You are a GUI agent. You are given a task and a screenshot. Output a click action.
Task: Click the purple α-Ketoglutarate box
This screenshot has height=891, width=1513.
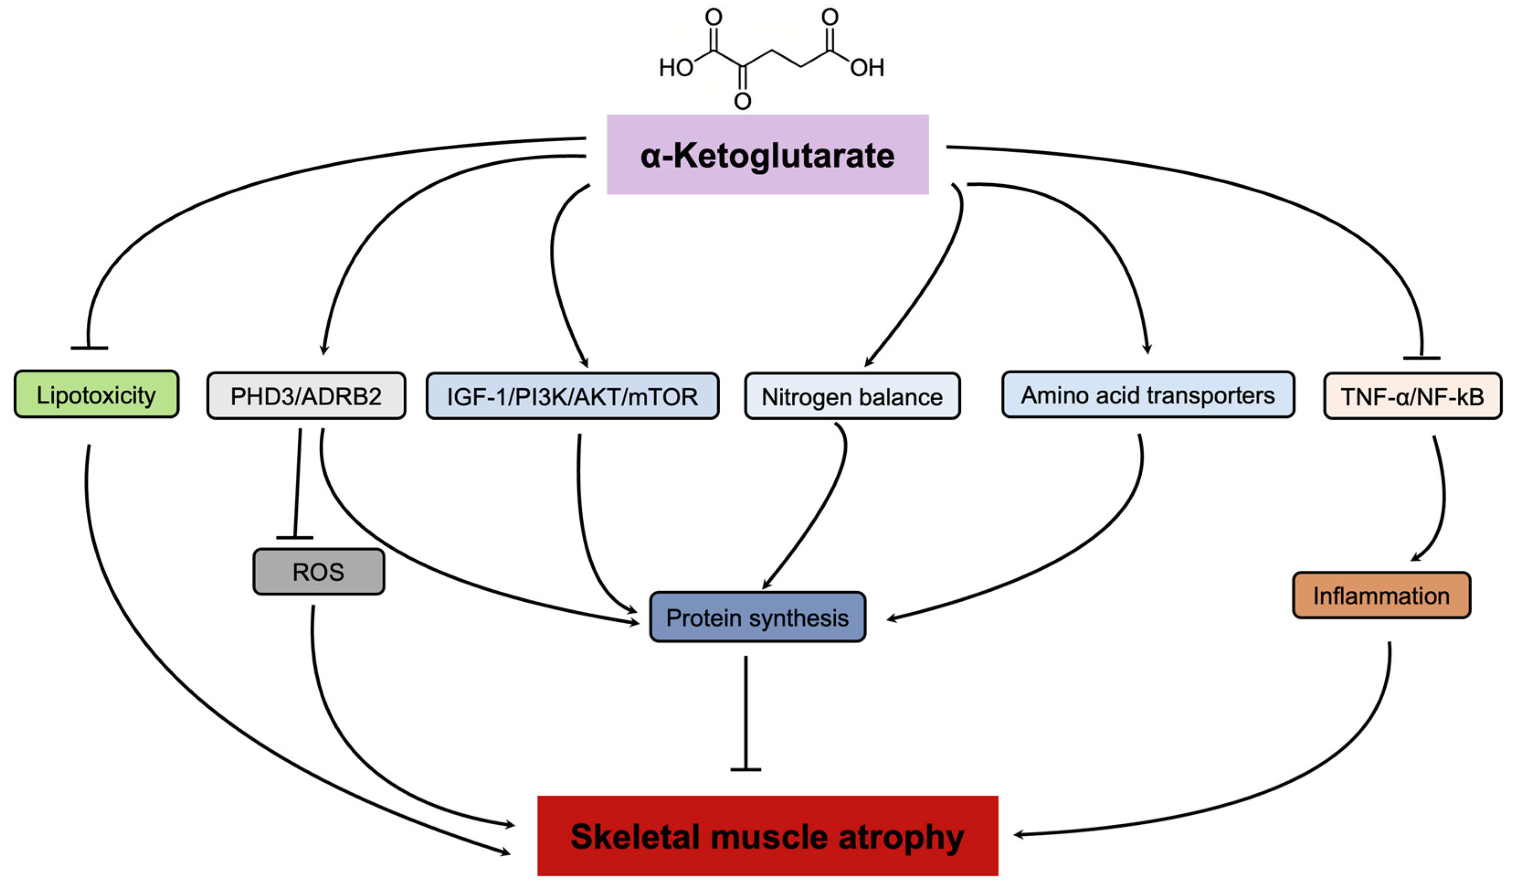click(x=767, y=154)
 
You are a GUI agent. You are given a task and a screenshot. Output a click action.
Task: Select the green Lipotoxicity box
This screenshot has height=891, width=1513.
click(x=96, y=395)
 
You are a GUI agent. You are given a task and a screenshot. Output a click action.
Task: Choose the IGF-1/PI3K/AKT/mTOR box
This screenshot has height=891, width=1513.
click(x=572, y=397)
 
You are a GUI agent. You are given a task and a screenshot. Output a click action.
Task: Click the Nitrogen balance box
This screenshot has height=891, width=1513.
click(x=852, y=397)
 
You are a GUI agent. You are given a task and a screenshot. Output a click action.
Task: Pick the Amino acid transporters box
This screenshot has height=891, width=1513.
click(x=1147, y=395)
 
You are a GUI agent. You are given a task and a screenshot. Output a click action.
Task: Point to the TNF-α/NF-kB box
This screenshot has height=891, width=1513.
click(x=1412, y=397)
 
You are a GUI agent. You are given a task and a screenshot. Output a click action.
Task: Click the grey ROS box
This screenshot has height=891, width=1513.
click(x=318, y=571)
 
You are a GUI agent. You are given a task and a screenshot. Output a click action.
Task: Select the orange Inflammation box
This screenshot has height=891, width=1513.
click(x=1381, y=595)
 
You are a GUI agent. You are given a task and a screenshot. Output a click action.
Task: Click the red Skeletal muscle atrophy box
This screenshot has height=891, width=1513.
click(x=767, y=836)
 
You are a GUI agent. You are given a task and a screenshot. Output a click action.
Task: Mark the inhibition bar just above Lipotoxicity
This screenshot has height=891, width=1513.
click(x=90, y=348)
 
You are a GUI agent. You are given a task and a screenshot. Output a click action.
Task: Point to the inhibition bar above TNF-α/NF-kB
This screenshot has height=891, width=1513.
click(x=1421, y=358)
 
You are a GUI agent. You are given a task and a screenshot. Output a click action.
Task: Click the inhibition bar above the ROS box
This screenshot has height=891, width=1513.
click(x=294, y=537)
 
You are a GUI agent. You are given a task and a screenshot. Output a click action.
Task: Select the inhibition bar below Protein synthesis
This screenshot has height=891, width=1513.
click(x=746, y=769)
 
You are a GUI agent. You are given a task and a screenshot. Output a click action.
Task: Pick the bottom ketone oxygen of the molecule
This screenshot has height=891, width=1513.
click(x=743, y=101)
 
